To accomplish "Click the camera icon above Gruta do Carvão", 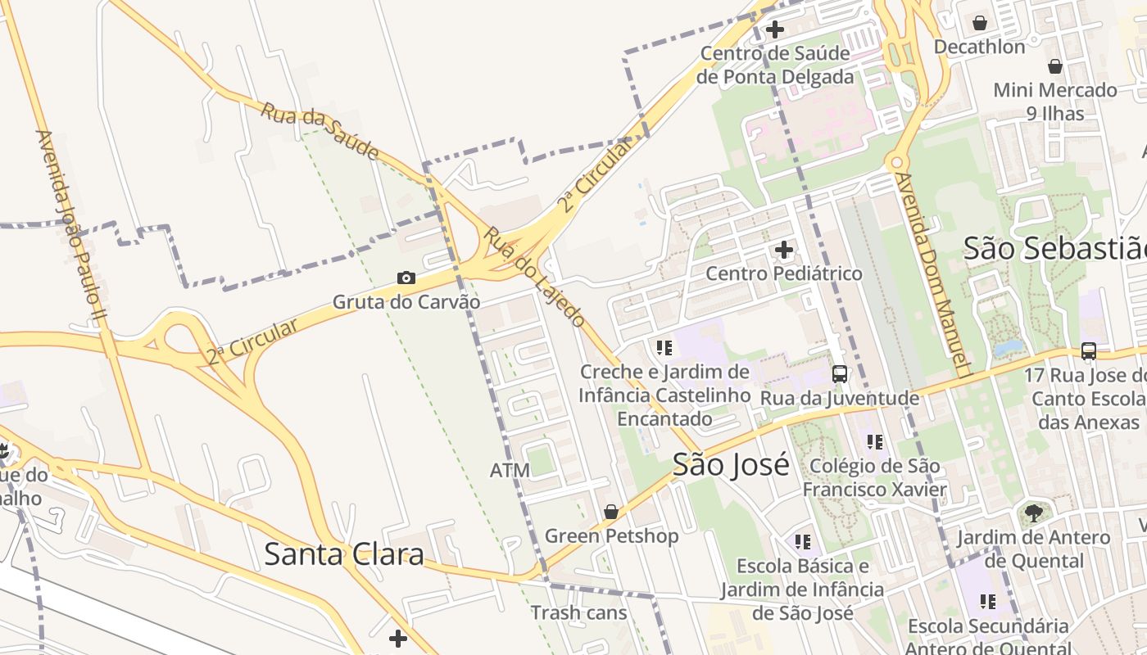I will pos(406,278).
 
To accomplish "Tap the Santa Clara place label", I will pos(344,554).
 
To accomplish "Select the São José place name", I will pos(731,464).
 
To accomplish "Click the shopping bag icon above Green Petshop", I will pos(610,512).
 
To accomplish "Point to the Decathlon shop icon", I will pos(979,23).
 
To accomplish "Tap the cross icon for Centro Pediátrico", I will pos(784,249).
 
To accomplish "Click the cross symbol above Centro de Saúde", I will pos(774,30).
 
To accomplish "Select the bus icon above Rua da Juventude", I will pos(840,374).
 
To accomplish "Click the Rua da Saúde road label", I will pos(320,131).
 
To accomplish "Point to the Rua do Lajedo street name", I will pos(533,277).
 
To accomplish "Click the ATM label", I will pos(510,470).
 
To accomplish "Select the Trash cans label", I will pos(578,612).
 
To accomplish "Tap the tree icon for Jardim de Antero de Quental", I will pos(1033,513).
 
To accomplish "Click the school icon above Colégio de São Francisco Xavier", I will pos(875,442).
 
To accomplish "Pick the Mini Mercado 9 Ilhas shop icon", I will pos(1055,66).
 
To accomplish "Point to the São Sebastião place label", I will pos(1054,248).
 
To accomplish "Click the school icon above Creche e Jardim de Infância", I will pos(664,348).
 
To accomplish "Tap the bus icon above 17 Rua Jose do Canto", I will pos(1089,351).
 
